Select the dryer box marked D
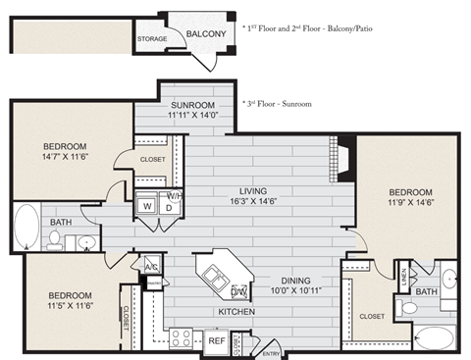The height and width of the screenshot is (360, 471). click(167, 207)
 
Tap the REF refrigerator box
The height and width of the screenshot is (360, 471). click(216, 340)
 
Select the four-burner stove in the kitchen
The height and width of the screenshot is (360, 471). click(183, 338)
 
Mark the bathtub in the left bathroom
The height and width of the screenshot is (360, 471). click(27, 223)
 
